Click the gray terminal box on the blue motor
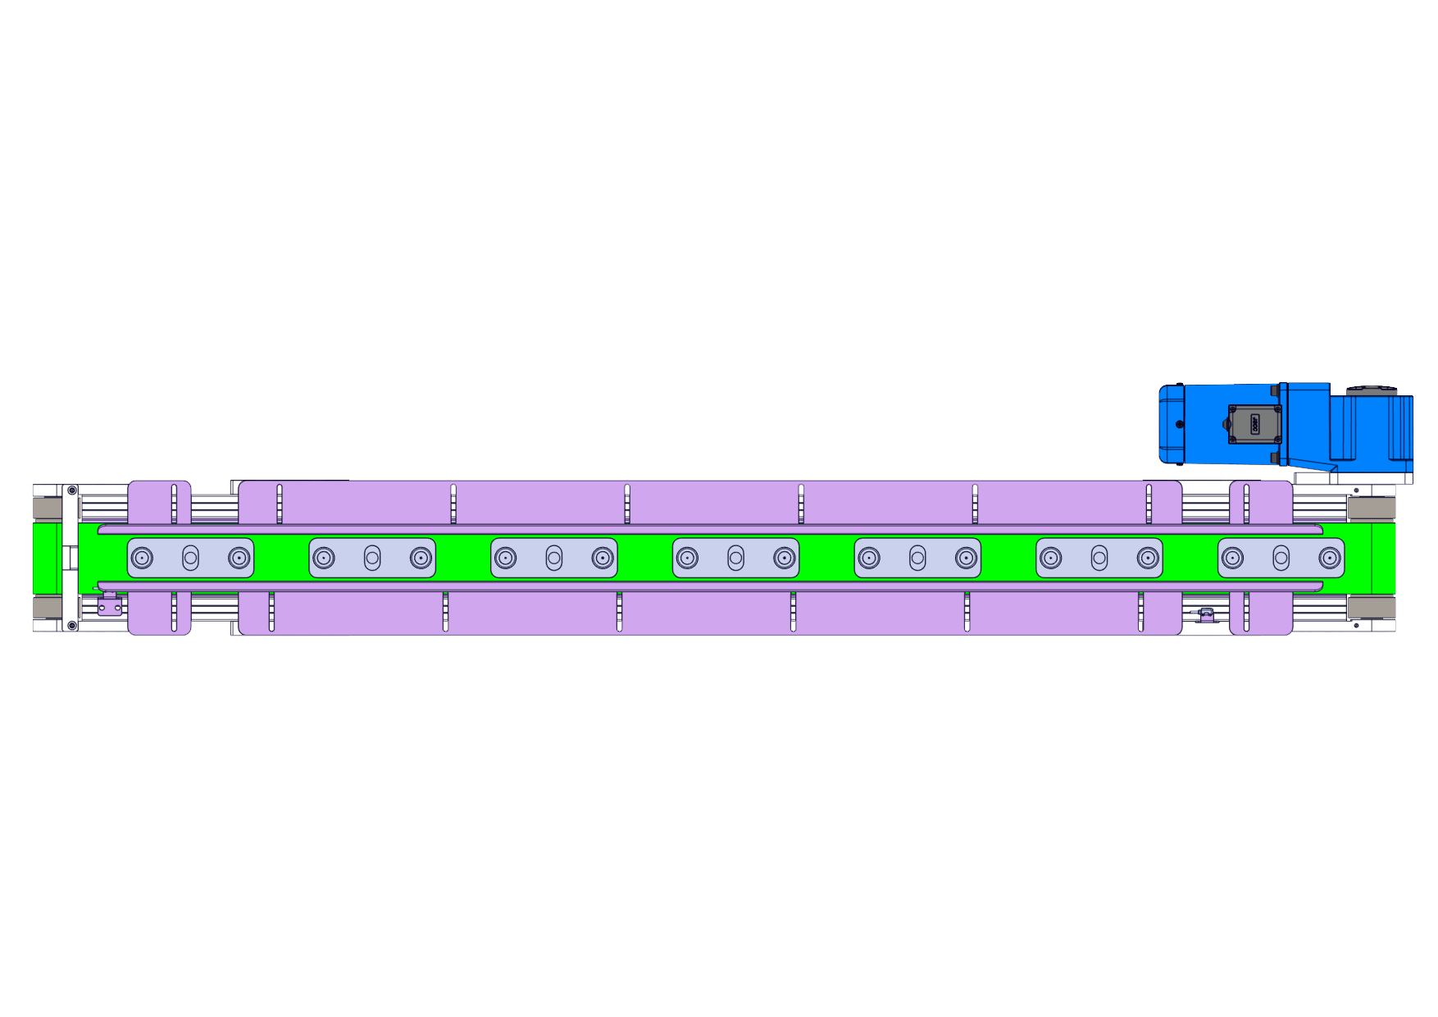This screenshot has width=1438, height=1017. [1254, 424]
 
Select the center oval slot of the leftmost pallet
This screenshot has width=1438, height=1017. [190, 558]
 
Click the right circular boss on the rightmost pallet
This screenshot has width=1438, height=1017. [1329, 558]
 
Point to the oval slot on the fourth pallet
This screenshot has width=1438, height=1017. [735, 558]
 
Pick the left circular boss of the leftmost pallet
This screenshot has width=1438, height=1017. [142, 558]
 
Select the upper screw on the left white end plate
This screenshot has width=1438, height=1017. [72, 490]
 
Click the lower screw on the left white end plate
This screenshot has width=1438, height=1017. [72, 626]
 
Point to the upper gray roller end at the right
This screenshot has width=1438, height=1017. [1371, 508]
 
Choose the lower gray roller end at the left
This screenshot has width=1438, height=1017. [47, 608]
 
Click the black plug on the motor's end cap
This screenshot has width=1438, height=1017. [1180, 424]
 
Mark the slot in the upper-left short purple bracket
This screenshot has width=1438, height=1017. [174, 503]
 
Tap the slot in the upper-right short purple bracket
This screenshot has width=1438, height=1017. [1246, 503]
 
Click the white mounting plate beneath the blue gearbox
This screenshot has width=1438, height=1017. [1353, 478]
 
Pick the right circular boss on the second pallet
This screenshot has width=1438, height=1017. [421, 558]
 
